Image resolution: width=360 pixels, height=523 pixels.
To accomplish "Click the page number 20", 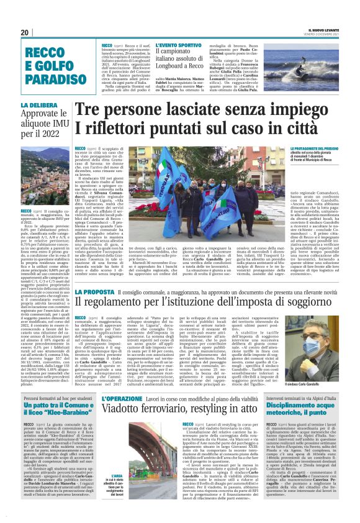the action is click(25, 32).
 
